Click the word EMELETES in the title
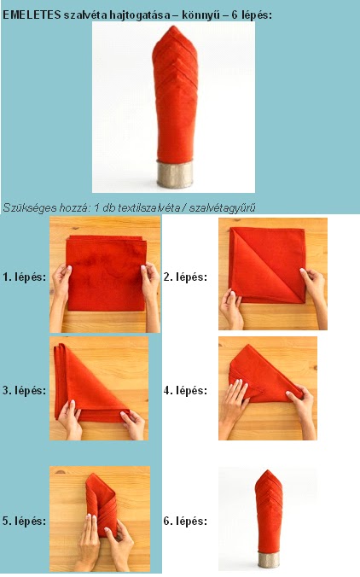32,15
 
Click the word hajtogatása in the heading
142,16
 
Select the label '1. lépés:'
24,277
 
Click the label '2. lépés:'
185,277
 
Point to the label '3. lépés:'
24,390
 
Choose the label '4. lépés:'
185,390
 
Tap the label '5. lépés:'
24,521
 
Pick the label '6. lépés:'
185,521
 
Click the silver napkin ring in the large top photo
175,173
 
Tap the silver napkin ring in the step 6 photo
269,560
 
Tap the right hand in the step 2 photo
314,291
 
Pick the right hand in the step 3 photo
133,425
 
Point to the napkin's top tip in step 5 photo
96,475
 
